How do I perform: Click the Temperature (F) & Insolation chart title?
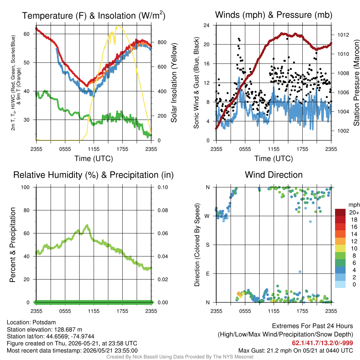(94, 15)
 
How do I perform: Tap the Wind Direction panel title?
(274, 175)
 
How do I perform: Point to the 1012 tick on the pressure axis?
(343, 35)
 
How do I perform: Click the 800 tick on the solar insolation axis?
(162, 42)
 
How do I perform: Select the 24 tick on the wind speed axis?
(206, 25)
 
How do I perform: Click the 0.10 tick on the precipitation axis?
(163, 187)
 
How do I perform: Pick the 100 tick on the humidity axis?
(25, 187)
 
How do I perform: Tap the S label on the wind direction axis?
(208, 245)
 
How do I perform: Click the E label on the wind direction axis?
(208, 274)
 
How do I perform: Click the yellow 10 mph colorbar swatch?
(340, 249)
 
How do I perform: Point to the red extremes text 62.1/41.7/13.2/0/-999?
(322, 343)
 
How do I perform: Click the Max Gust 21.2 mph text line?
(295, 351)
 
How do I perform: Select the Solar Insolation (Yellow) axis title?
(174, 83)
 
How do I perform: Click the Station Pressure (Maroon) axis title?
(356, 83)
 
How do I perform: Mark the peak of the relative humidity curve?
(87, 225)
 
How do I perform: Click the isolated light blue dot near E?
(300, 272)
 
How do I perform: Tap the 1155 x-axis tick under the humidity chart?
(94, 311)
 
